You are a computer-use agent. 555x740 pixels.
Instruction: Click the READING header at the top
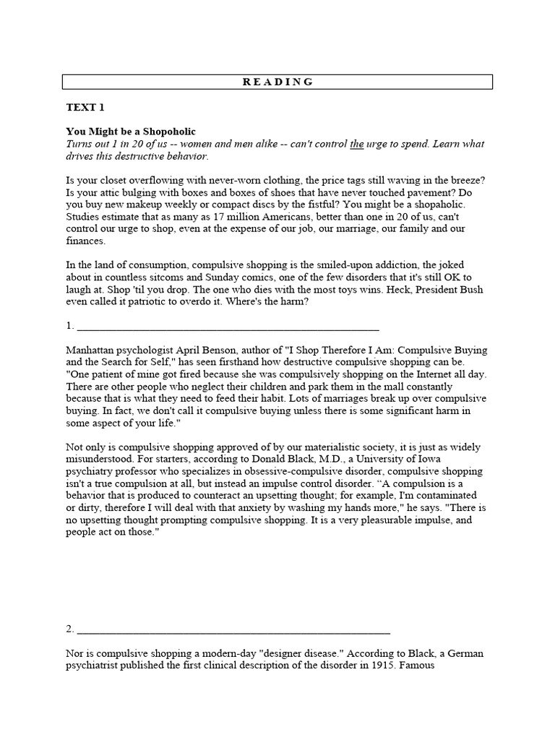(277, 82)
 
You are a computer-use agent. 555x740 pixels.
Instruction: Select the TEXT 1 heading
(85, 107)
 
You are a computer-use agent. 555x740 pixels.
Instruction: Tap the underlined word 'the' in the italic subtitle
(356, 144)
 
